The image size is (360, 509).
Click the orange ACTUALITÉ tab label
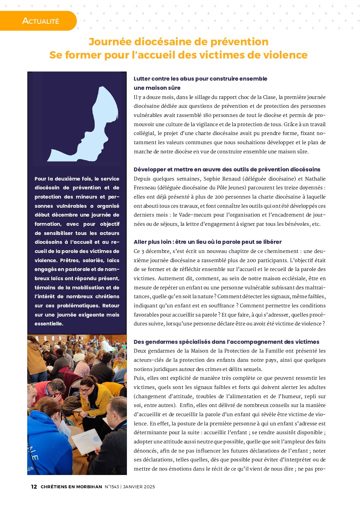point(40,21)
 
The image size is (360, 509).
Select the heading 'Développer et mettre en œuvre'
point(227,170)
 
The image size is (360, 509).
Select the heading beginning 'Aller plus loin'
point(208,242)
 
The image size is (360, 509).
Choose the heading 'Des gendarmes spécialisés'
point(226,342)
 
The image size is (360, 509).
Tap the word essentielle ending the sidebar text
point(49,324)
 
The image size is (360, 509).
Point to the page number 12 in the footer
point(34,487)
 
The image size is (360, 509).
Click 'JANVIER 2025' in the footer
point(139,487)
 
